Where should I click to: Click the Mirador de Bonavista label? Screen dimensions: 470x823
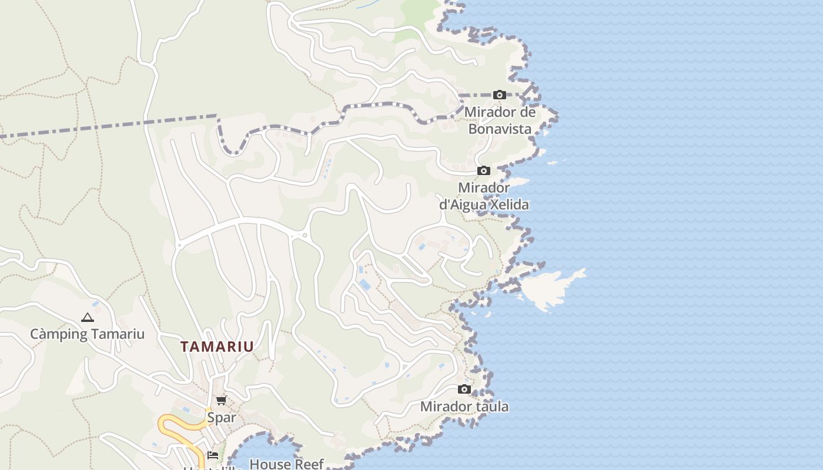coord(500,120)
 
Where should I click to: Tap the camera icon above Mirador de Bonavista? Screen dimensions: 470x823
coord(500,95)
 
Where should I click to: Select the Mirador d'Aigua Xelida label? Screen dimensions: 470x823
coord(484,196)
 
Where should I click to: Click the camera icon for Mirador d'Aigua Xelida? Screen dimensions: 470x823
coord(484,171)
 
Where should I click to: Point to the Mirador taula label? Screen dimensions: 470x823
coord(464,407)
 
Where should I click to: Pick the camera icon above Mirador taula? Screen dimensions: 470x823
coord(464,389)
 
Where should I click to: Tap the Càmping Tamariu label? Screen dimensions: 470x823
coord(87,334)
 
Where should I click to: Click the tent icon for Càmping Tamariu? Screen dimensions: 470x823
coord(88,318)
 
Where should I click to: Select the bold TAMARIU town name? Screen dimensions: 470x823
coord(217,347)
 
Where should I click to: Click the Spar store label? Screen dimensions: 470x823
coord(221,418)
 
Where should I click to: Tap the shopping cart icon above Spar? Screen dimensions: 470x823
coord(221,401)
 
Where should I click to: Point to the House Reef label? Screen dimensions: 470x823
coord(286,464)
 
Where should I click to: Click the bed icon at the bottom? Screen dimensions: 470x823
coord(213,455)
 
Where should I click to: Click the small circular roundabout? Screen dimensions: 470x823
coord(305,236)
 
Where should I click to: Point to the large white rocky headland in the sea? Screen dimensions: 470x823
coord(550,288)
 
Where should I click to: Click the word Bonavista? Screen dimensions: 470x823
coord(500,129)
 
